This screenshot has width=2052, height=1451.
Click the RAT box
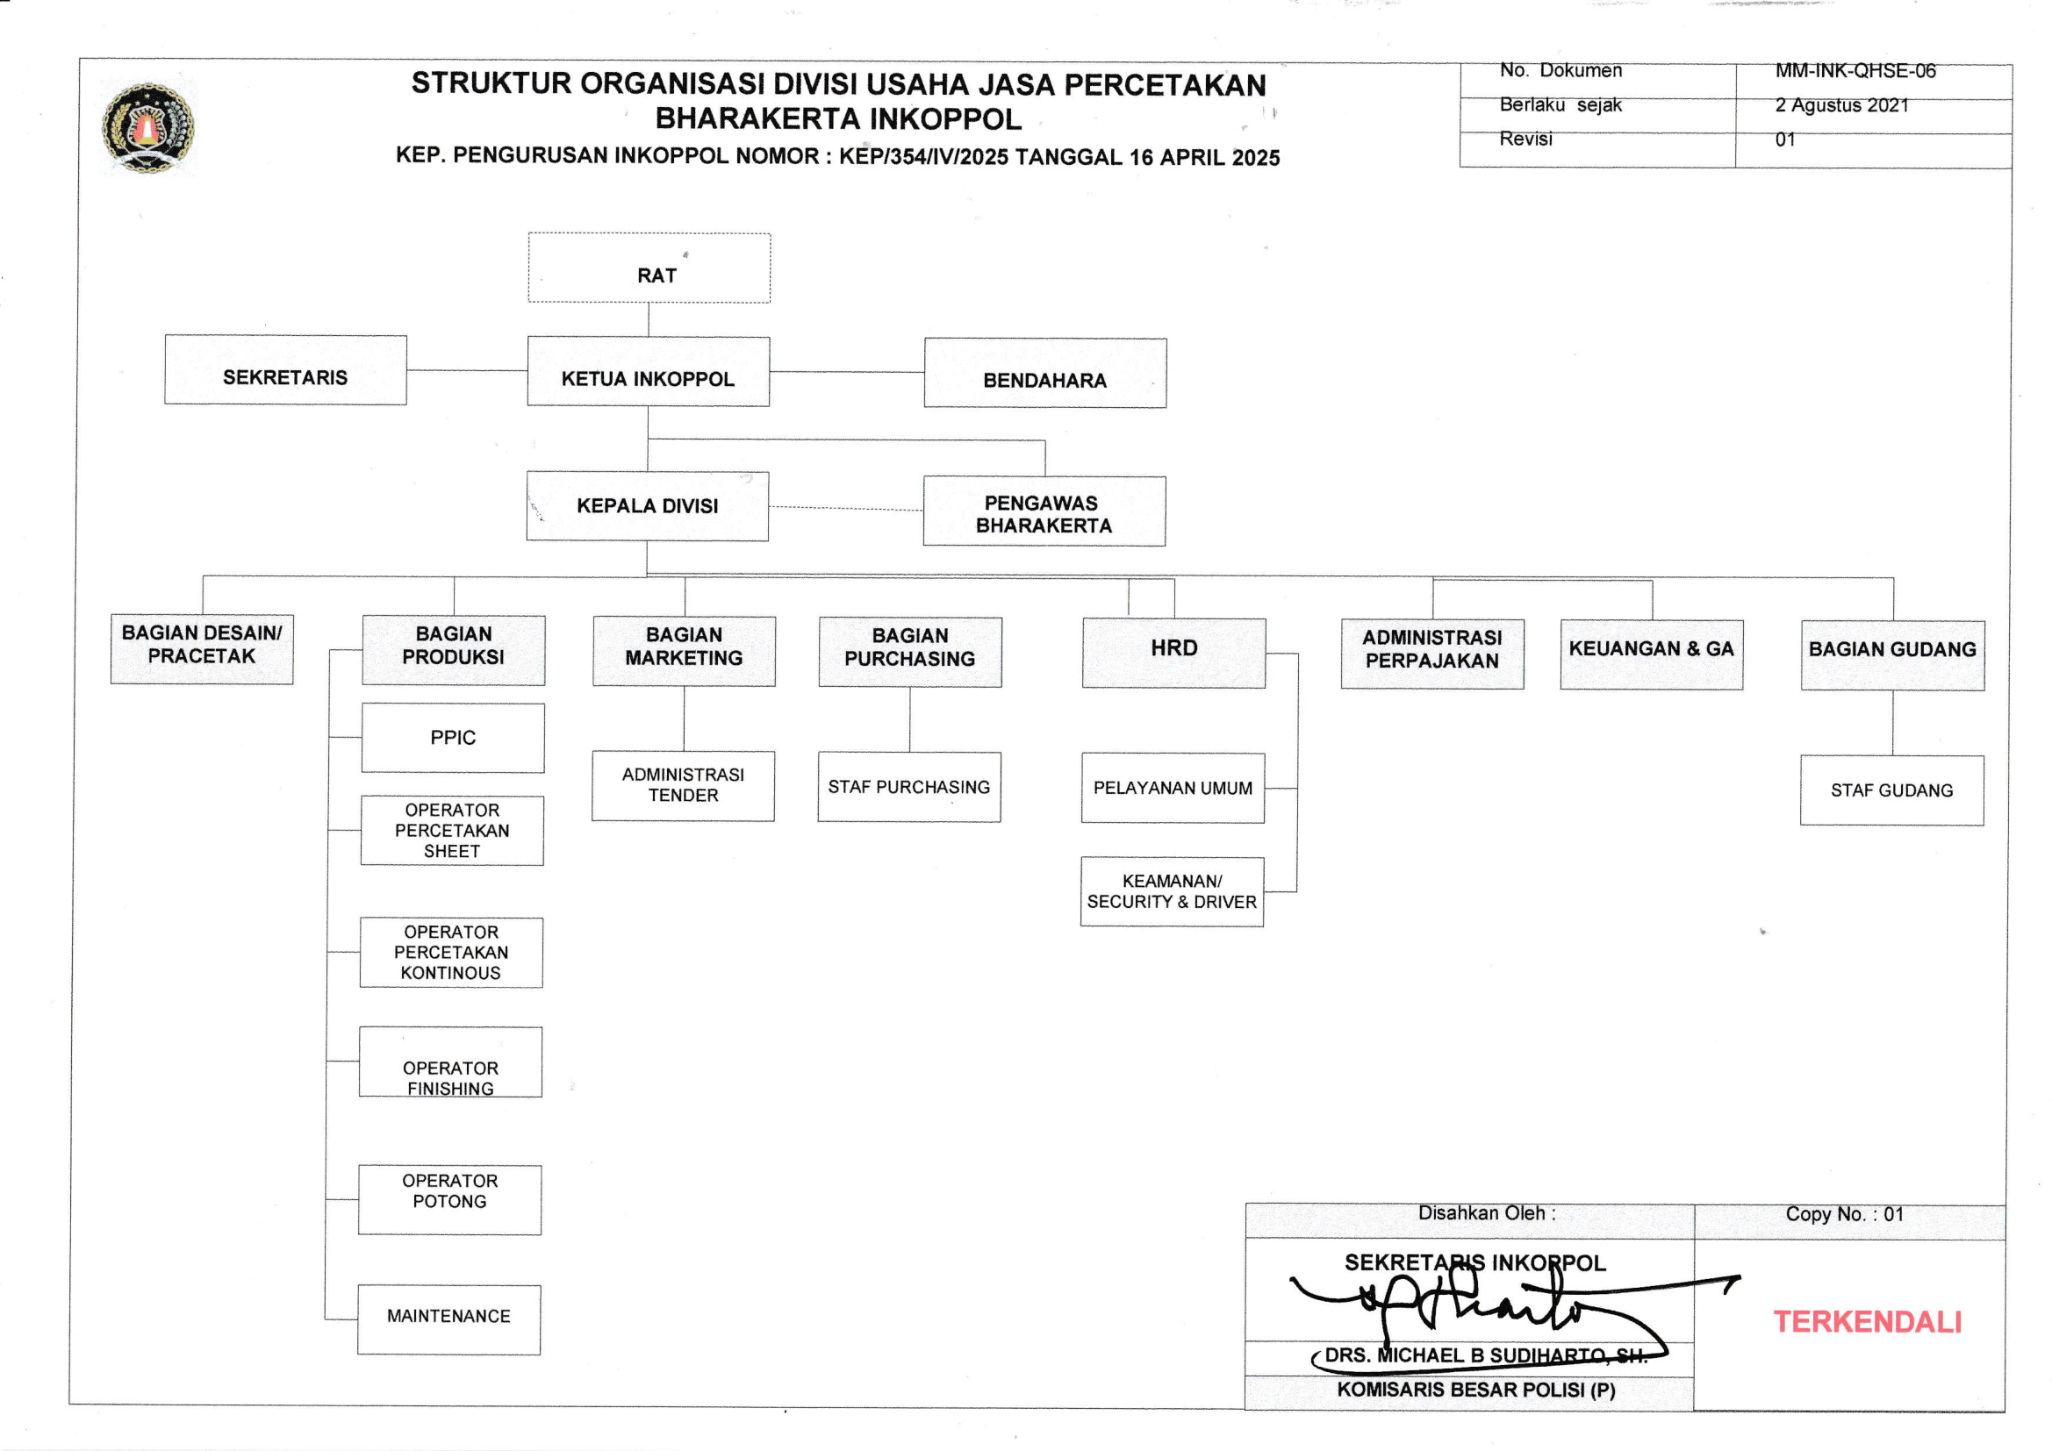pos(649,268)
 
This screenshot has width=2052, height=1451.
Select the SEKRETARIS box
pos(285,370)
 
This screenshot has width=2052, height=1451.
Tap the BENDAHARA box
pos(1044,374)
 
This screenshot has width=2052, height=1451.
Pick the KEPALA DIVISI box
pos(647,506)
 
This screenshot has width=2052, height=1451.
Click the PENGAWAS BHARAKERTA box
pos(1044,512)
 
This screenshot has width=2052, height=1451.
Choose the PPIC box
pos(453,738)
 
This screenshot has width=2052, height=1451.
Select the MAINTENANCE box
pos(448,1319)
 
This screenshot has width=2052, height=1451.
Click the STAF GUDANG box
pos(1892,790)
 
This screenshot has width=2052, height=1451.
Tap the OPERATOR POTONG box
pos(449,1200)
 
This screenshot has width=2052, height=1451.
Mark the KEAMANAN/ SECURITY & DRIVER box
pos(1172,891)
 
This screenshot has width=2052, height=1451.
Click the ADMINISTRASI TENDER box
pos(683,786)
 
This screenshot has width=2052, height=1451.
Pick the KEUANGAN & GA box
pos(1652,655)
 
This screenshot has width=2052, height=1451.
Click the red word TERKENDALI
pos(1867,1322)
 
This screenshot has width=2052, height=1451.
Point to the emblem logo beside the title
pos(148,128)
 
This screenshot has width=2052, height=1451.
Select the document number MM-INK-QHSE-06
pos(1855,70)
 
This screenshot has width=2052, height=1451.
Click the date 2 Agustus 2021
pos(1842,105)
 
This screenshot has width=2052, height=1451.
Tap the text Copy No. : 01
pos(1845,1214)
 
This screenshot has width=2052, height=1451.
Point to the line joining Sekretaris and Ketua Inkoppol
pos(467,370)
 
